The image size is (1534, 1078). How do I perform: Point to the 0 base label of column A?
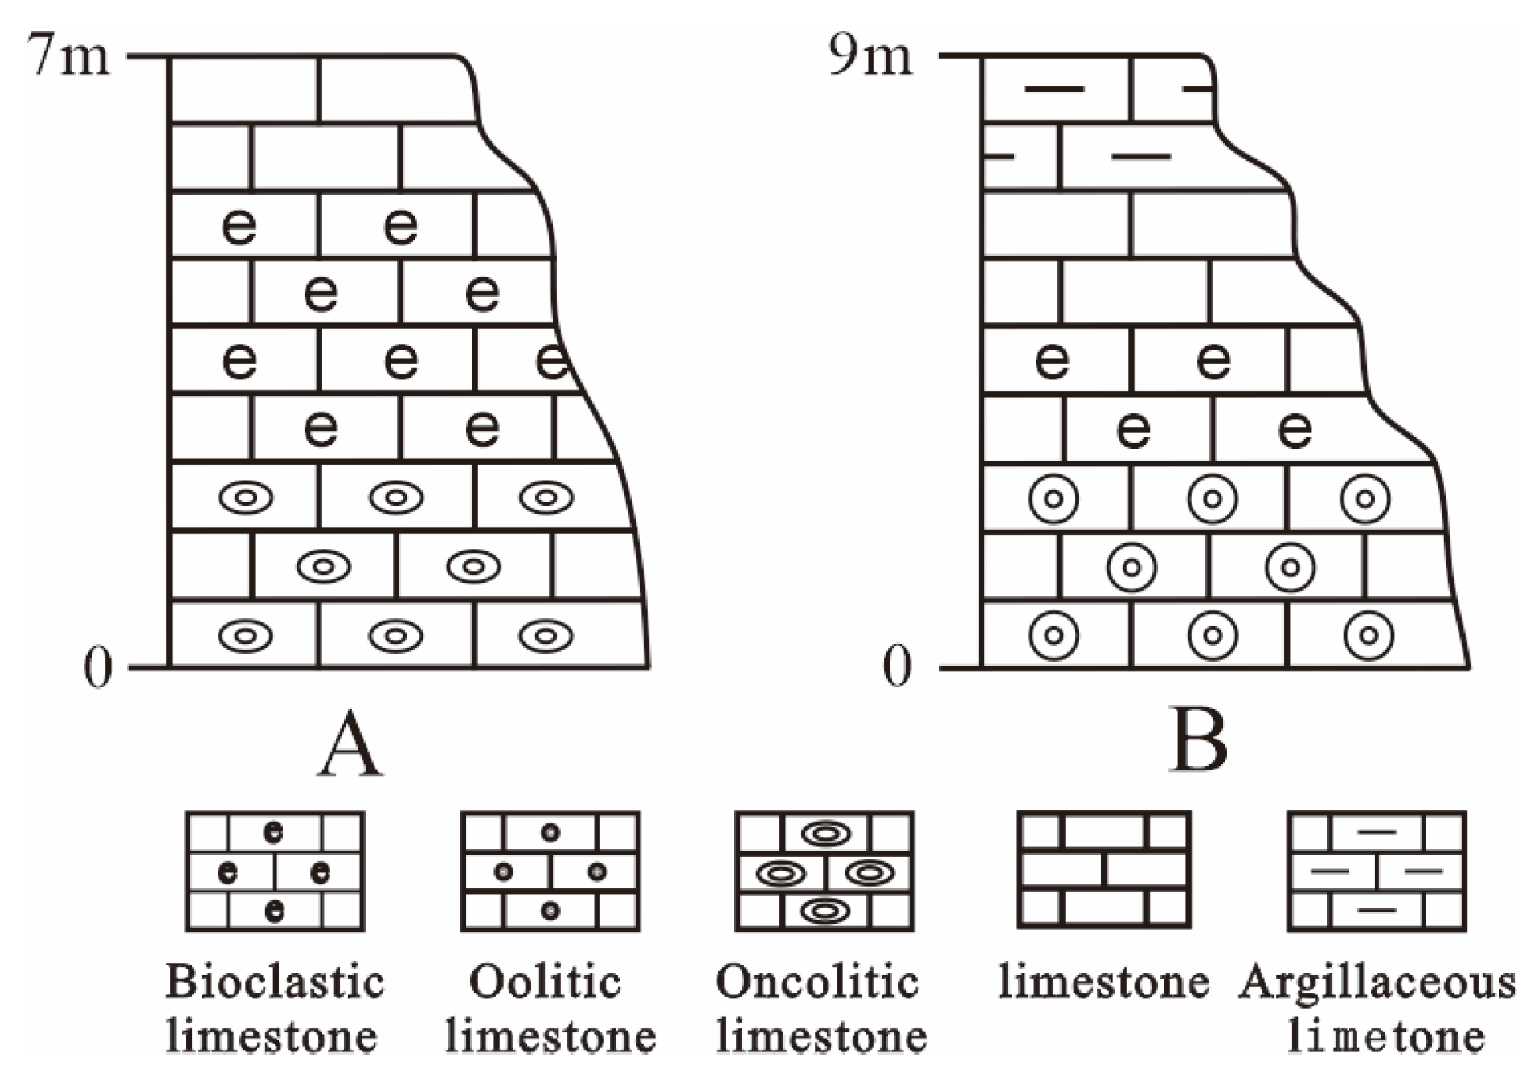pos(97,668)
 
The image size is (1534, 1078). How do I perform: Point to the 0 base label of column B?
pos(897,668)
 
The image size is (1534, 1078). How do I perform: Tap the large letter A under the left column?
pos(350,744)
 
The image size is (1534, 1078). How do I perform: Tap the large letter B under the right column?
pos(1200,740)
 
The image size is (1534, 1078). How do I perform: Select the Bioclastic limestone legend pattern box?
pos(275,871)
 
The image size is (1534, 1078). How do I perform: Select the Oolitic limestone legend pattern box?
pos(550,871)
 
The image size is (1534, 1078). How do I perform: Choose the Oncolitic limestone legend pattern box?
pos(824,871)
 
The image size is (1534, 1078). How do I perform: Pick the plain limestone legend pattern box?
pos(1103,870)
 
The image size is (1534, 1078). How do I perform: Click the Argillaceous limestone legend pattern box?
pos(1377,871)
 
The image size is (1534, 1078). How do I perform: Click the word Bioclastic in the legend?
pos(275,982)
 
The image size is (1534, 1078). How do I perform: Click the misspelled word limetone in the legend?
pos(1385,1037)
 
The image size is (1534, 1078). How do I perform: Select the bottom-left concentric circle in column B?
pos(1053,636)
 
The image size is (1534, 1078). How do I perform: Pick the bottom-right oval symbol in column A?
pos(546,636)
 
